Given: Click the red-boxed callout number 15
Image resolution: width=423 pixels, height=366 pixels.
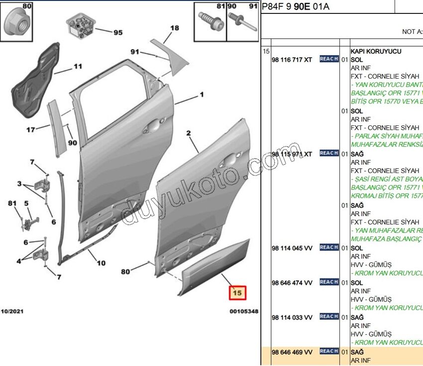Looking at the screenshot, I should (237, 293).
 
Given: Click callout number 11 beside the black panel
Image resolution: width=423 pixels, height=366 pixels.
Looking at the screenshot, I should (78, 67).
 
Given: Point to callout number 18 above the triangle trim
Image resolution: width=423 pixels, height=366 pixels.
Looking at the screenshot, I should (174, 28).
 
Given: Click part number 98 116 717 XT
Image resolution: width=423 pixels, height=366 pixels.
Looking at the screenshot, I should (292, 60).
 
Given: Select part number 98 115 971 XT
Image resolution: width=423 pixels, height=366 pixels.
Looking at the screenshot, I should (292, 154).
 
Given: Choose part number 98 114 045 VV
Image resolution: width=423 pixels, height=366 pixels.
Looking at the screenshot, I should (292, 248).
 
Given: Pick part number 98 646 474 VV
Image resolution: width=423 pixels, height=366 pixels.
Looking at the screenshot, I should (292, 282).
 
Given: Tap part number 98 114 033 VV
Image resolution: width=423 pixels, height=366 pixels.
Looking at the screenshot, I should (292, 317).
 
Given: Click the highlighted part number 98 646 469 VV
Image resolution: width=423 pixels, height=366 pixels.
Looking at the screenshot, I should (292, 352).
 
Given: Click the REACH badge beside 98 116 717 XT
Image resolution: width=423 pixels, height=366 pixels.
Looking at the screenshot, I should (329, 59).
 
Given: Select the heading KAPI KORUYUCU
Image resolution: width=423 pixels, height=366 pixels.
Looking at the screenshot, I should (376, 51).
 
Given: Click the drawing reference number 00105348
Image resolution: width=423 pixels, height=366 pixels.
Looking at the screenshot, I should (243, 311).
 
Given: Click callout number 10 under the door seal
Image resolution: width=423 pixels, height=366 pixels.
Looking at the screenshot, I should (101, 264).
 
